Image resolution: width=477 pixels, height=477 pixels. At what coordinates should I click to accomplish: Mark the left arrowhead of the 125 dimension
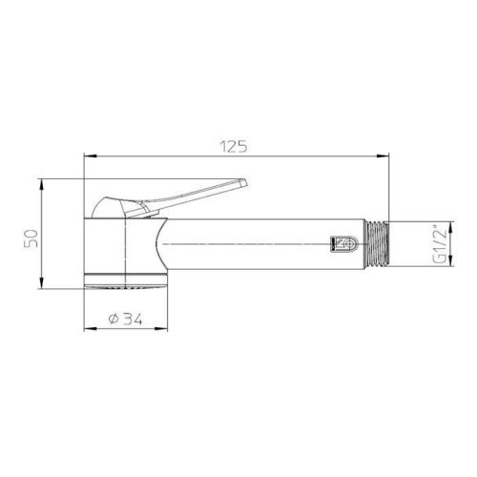pyautogui.click(x=89, y=156)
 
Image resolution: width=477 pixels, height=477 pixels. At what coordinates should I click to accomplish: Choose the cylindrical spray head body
pyautogui.click(x=119, y=248)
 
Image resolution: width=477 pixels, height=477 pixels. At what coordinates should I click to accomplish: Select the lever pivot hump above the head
pyautogui.click(x=113, y=208)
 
